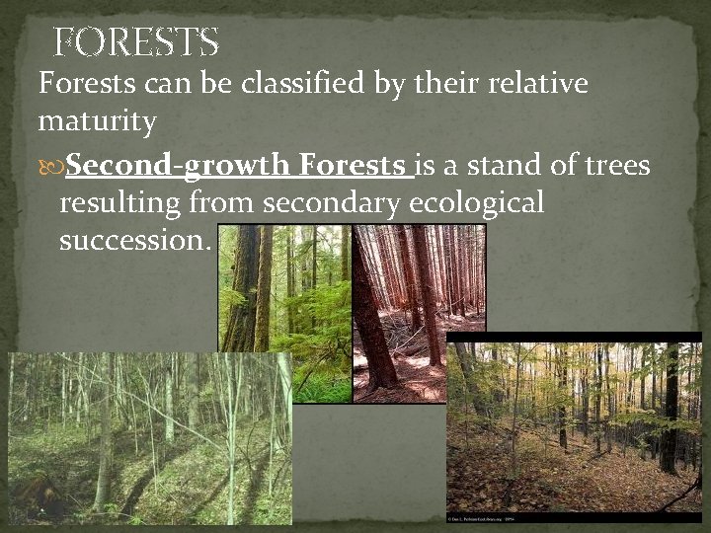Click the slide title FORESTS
coord(135,41)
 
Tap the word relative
coord(532,84)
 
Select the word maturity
coord(97,122)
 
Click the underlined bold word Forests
coord(355,165)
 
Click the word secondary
coord(331,203)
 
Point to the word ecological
coord(484,203)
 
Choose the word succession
coord(133,241)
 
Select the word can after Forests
coord(166,84)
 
